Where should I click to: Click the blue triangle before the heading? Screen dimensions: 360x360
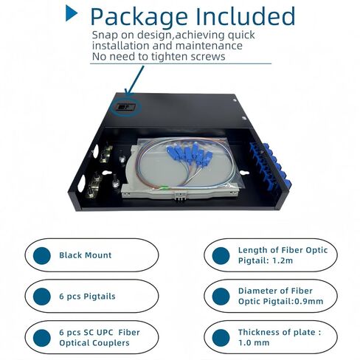coord(71,13)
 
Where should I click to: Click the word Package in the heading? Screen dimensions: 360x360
coord(139,17)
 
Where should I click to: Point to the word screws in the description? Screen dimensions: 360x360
coord(208,57)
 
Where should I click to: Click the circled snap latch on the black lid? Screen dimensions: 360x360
coord(125,108)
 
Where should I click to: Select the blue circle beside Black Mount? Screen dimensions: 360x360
coord(42,255)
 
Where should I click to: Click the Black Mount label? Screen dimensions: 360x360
coord(86,255)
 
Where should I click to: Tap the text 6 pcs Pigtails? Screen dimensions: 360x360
coord(87,297)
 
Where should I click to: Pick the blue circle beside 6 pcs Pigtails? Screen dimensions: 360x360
coord(42,297)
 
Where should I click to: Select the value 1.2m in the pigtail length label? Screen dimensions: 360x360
coord(283,260)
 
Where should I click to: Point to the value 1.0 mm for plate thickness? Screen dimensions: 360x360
coord(254,342)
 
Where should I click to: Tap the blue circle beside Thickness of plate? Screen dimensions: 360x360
coord(221,338)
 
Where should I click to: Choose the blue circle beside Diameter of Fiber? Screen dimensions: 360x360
coord(221,297)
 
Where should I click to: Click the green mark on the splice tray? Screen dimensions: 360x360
coord(162,188)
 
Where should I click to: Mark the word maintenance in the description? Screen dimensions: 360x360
coord(209,46)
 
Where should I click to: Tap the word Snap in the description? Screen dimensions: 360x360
coord(105,35)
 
